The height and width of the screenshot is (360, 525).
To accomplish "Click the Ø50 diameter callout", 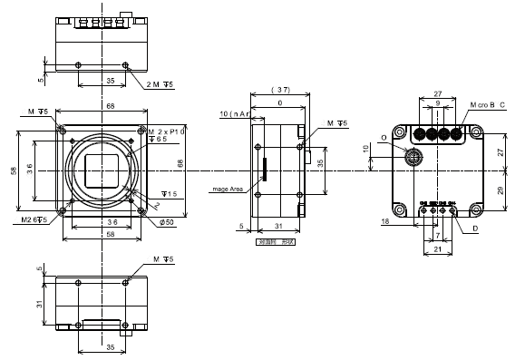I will click(166, 221).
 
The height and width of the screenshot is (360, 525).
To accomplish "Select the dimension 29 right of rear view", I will click(501, 192).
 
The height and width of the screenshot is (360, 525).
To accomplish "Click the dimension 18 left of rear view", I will click(384, 220).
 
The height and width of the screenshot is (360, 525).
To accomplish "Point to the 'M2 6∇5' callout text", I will click(34, 219).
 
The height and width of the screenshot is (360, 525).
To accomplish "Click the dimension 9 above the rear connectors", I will click(437, 103).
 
